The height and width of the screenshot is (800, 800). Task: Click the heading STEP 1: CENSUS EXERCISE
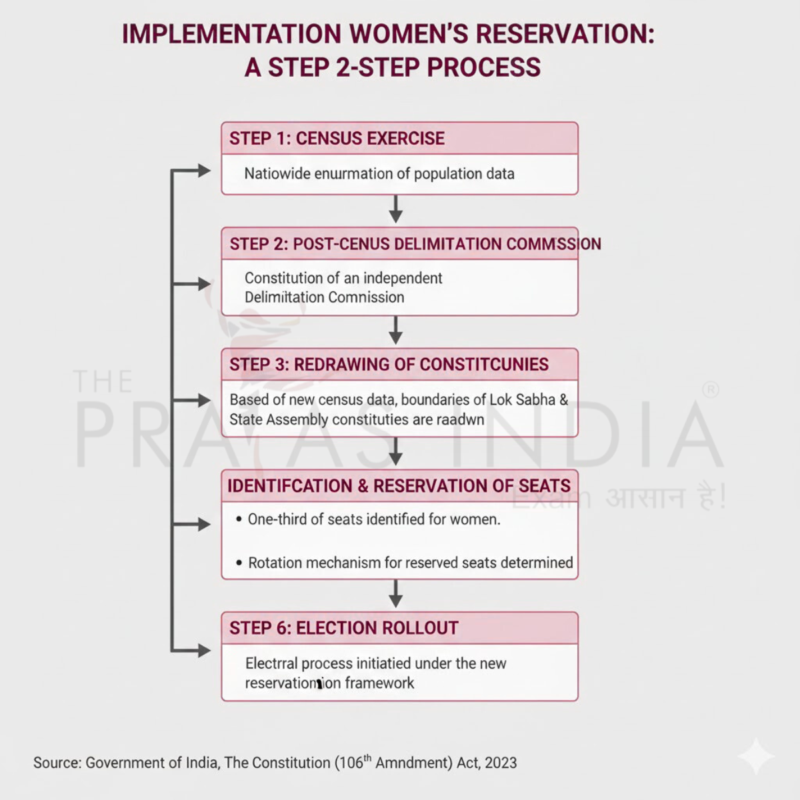click(x=337, y=139)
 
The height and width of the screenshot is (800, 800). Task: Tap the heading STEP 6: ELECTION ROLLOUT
click(x=343, y=628)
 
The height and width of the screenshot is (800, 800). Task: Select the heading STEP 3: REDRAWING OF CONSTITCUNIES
click(x=389, y=365)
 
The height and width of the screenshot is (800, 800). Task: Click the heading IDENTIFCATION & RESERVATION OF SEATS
click(x=399, y=486)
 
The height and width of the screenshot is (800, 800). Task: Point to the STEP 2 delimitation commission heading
click(x=415, y=244)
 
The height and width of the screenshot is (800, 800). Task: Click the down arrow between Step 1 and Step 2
click(x=396, y=209)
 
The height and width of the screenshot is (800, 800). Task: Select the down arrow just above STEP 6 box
click(x=396, y=594)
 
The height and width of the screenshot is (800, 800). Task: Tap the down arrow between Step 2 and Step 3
click(x=396, y=331)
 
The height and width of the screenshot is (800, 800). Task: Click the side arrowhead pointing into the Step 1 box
click(x=203, y=171)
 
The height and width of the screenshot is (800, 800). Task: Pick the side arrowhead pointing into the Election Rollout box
click(x=203, y=651)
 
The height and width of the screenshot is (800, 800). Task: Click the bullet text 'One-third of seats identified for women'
click(x=373, y=519)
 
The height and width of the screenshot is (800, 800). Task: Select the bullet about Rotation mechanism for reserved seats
click(x=410, y=563)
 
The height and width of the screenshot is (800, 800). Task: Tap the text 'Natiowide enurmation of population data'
click(x=379, y=174)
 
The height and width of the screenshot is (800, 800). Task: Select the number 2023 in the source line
click(x=501, y=763)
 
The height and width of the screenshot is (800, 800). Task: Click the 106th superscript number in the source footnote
click(x=354, y=762)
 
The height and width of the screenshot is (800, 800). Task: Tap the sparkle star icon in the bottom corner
click(x=756, y=757)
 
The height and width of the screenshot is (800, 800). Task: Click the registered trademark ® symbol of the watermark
click(x=711, y=390)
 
